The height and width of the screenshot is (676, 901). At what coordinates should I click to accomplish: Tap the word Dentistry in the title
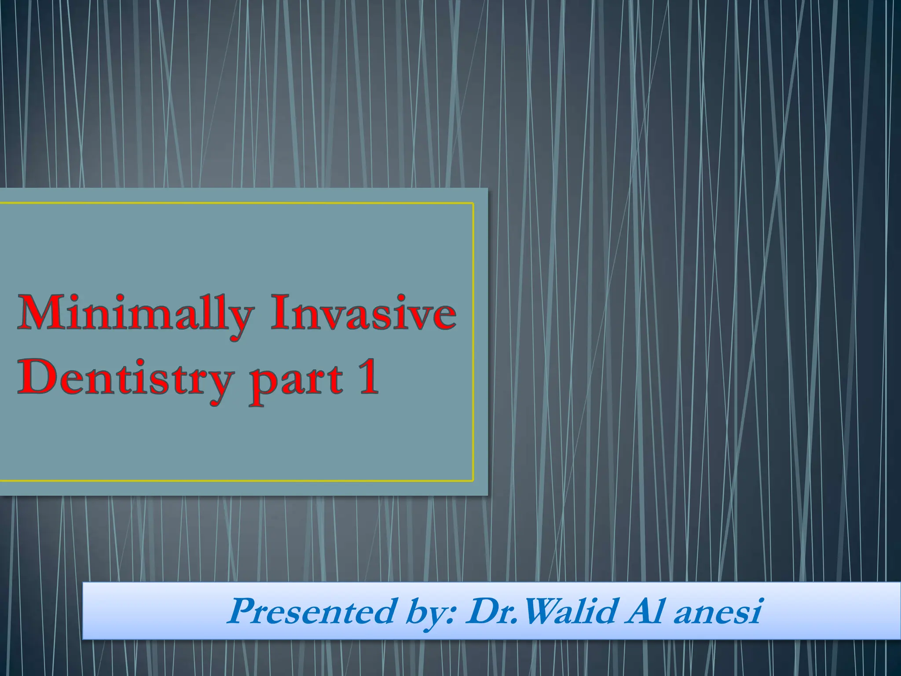coord(125,378)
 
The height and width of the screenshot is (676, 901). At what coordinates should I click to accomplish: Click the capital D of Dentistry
coord(35,377)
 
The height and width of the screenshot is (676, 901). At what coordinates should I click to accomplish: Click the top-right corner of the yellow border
coord(473,203)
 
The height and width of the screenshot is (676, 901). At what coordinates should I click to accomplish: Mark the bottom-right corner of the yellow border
coord(473,481)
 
